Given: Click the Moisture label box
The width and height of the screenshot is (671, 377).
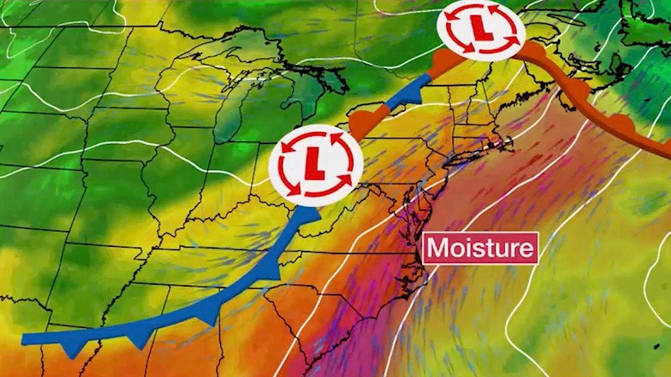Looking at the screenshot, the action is tap(480, 248).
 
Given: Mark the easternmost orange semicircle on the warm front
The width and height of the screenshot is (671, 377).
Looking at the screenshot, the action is tap(623, 123).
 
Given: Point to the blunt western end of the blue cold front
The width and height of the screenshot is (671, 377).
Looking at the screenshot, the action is tap(25, 339).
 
